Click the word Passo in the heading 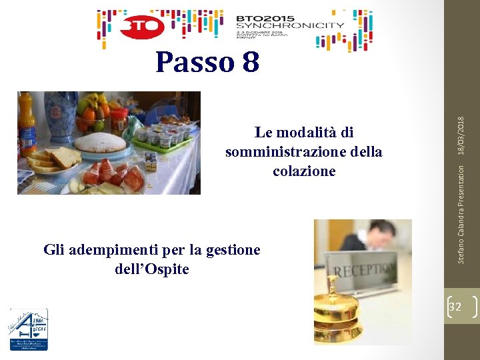(x=193, y=63)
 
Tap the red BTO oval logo (x=141, y=27)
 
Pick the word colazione (x=304, y=171)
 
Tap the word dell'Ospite (x=147, y=269)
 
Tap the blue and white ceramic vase (x=61, y=117)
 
